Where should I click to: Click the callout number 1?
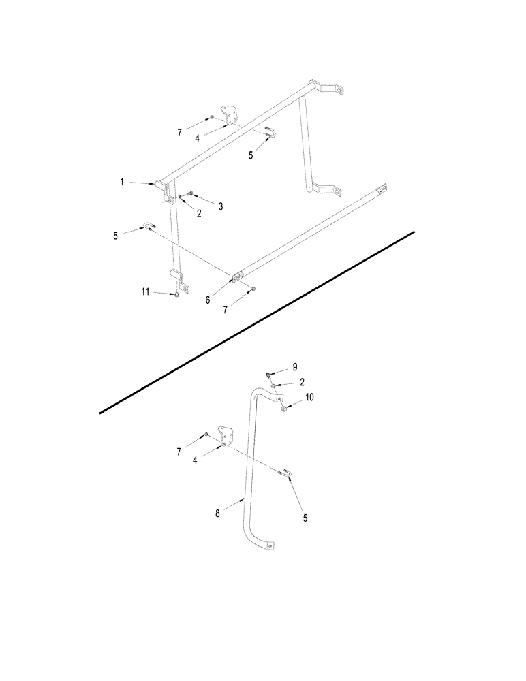pos(123,182)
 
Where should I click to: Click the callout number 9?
pos(295,367)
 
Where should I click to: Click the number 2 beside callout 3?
pos(199,212)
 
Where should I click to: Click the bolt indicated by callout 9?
pos(269,375)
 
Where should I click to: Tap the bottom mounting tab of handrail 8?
pos(272,545)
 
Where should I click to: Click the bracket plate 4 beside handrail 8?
pos(224,435)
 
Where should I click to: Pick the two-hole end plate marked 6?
pos(237,278)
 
